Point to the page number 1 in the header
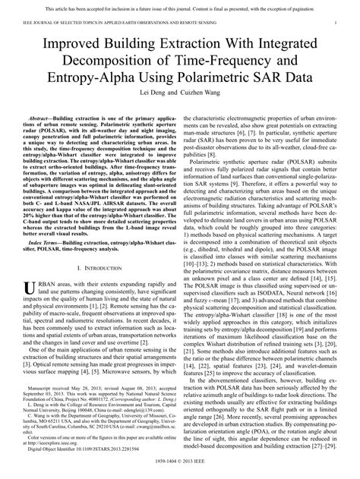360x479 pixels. coord(335,24)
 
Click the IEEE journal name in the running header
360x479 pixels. coord(114,24)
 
